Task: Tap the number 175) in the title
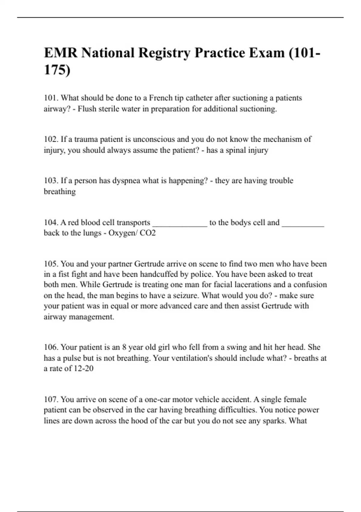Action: click(x=57, y=70)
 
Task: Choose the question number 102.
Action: click(x=51, y=139)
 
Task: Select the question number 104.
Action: click(x=51, y=222)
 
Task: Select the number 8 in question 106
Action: click(x=124, y=347)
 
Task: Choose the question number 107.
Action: click(x=51, y=399)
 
